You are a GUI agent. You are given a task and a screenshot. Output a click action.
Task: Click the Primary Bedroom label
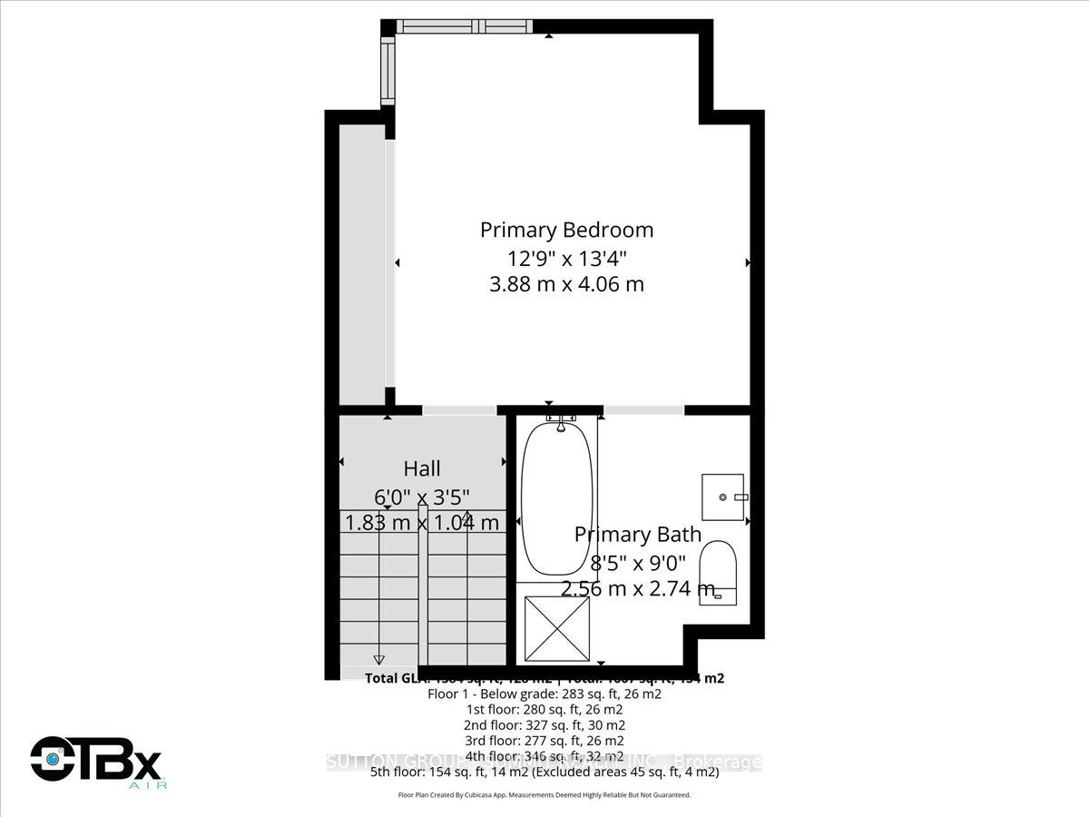pos(566,230)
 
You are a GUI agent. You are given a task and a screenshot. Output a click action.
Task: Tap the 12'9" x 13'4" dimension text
pos(566,257)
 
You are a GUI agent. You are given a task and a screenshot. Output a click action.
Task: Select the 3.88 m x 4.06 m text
pos(566,284)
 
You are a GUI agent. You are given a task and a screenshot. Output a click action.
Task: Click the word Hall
pos(422,468)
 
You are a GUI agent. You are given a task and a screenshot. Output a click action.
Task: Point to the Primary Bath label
pos(638,535)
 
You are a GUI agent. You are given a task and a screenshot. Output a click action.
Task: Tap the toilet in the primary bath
pos(723,570)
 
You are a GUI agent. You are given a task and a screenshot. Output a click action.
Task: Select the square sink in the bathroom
pos(722,497)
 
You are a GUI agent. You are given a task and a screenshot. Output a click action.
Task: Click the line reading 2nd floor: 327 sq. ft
pos(544,725)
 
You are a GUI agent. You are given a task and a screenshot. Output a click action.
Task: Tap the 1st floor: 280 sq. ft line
pos(544,709)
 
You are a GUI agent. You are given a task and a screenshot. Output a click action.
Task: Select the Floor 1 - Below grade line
pos(544,694)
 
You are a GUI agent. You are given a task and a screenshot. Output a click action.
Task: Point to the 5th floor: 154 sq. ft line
pos(544,773)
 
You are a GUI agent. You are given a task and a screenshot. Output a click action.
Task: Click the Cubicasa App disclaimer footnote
pos(544,795)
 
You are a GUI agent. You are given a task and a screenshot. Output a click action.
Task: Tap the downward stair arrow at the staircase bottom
pos(379,659)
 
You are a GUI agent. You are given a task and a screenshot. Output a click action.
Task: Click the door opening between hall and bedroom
pos(459,410)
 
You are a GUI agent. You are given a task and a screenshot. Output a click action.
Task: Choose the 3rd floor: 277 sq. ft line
pos(544,741)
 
